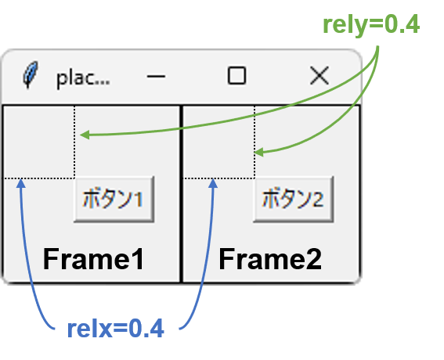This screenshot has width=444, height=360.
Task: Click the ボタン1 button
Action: [x=114, y=200]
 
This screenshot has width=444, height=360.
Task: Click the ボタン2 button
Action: [x=294, y=200]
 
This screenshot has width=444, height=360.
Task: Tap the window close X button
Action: [x=319, y=76]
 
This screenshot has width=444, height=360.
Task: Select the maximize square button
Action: [x=236, y=76]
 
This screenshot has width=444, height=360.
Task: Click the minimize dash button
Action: [x=156, y=76]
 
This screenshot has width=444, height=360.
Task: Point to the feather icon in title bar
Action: [x=31, y=74]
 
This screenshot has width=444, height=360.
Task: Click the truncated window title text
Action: [x=83, y=78]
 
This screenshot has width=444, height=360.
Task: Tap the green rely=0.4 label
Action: [x=371, y=25]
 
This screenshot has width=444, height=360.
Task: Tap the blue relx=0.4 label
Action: [x=116, y=329]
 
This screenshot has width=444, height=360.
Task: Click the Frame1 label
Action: [x=93, y=259]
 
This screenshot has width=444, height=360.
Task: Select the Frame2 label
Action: [x=270, y=259]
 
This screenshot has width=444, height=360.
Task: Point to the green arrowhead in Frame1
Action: [x=85, y=135]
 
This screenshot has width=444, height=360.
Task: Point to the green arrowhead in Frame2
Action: [x=259, y=153]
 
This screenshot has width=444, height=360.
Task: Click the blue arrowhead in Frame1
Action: [x=21, y=183]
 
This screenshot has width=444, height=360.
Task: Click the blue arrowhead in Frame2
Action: [x=213, y=183]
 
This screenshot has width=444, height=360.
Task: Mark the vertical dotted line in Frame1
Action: [x=74, y=142]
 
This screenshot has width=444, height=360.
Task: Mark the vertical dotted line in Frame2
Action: [x=254, y=142]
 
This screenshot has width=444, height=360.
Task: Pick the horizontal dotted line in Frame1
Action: [x=39, y=178]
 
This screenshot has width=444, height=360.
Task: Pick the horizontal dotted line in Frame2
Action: [x=219, y=178]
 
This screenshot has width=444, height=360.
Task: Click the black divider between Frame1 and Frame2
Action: [x=181, y=194]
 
